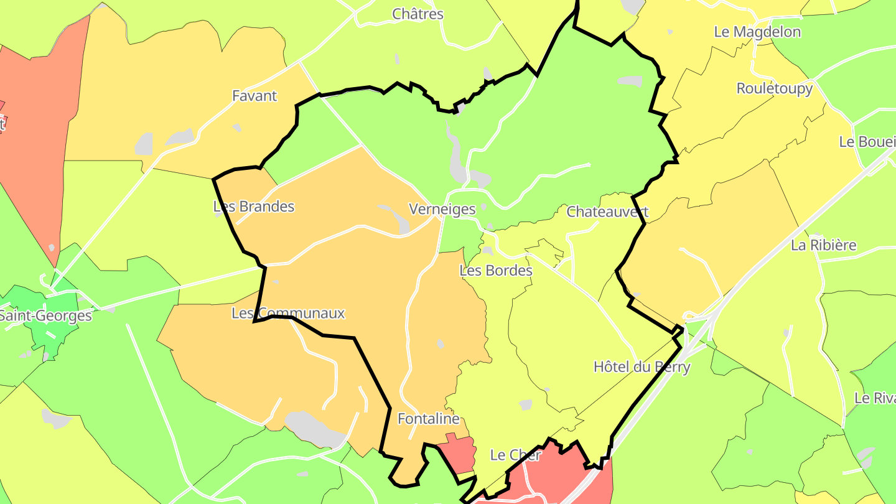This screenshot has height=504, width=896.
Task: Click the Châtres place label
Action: point(418,14)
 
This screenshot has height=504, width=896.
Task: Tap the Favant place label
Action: point(254,96)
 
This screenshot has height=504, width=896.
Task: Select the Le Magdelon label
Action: point(757,32)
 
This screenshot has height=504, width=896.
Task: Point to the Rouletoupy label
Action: point(774,88)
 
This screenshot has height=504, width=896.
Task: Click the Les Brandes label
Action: point(254,207)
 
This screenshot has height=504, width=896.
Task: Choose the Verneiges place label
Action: point(442,209)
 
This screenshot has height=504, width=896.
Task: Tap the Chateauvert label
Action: point(607,212)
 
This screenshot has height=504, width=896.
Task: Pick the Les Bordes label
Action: point(496,271)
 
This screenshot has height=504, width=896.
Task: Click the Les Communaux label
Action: point(288,313)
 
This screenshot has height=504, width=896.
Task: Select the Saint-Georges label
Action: point(45,315)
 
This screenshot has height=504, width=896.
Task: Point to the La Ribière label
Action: point(823,245)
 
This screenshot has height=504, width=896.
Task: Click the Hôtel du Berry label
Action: point(642,366)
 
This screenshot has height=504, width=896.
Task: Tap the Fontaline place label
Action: point(428,419)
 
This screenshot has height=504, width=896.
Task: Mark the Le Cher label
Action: point(516,455)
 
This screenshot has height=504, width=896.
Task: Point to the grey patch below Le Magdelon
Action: point(670,32)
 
